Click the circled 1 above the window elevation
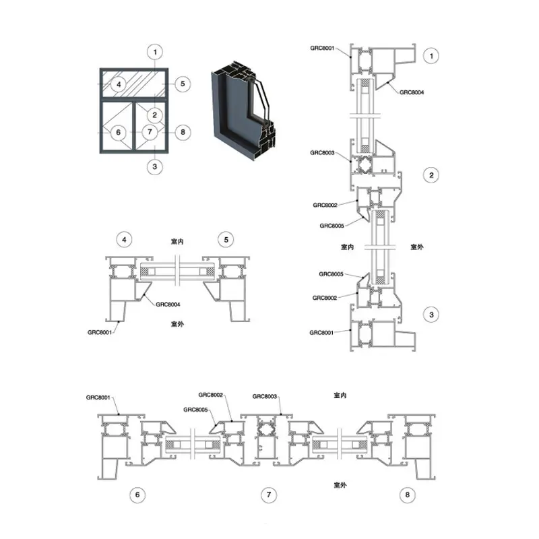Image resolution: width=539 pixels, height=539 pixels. coord(155,53)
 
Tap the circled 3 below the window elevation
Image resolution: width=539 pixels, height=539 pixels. coord(155,166)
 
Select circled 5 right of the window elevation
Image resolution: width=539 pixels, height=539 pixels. coord(183,84)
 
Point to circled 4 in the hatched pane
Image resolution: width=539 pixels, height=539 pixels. coord(119,84)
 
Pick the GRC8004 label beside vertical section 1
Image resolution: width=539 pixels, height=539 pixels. coord(412,92)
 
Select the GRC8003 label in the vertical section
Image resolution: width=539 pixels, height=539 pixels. coord(322,153)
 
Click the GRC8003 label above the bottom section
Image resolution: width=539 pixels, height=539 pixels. coord(265,396)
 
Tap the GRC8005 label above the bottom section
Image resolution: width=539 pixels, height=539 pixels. coord(195,410)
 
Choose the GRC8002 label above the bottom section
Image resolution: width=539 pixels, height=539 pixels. coord(211,395)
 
